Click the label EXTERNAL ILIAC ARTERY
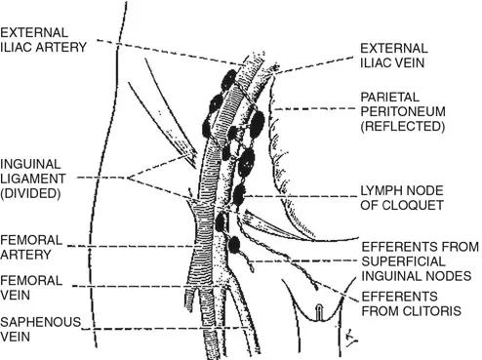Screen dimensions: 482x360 [44, 40]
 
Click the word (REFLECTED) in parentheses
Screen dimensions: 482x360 [402, 127]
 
